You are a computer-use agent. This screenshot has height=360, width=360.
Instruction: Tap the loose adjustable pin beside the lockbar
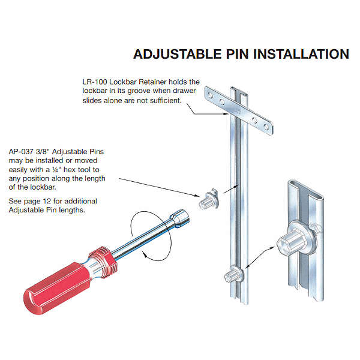(x=208, y=199)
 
